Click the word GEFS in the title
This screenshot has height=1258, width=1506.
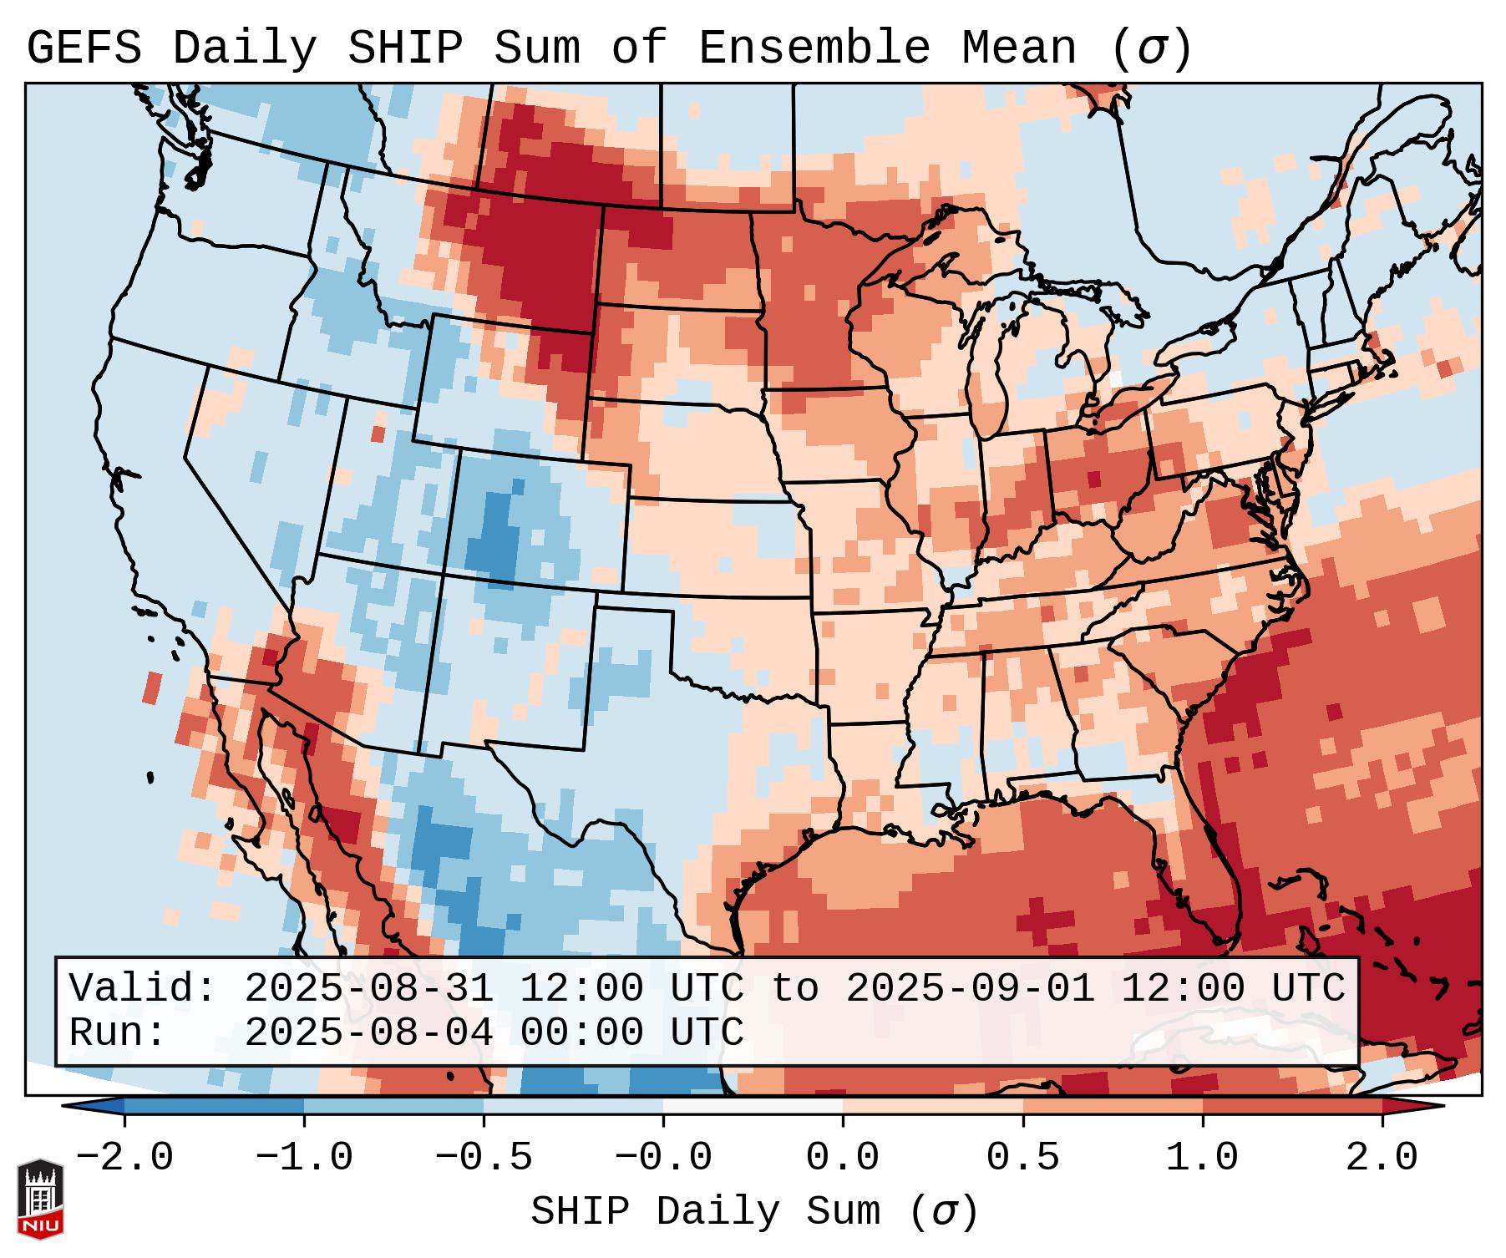coord(84,48)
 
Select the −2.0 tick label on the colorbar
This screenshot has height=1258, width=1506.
coord(124,1158)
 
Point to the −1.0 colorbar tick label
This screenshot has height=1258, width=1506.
coord(303,1158)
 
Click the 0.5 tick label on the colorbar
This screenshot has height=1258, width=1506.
coord(1022,1158)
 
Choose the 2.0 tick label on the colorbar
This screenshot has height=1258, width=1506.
coord(1382,1158)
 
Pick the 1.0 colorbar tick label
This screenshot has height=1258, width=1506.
coord(1202,1158)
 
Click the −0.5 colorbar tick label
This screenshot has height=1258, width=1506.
coord(483,1158)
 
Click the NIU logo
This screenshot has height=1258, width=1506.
coord(40,1198)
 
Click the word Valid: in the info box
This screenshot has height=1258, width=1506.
coord(142,989)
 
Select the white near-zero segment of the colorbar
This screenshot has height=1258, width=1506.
coord(753,1106)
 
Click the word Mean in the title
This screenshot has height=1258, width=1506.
coord(1019,48)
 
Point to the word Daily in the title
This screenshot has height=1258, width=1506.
coord(245,48)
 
